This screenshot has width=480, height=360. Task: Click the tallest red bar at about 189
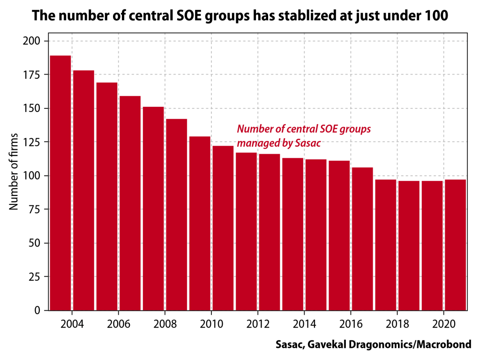click(x=60, y=183)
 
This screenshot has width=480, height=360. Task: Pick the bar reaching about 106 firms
click(x=362, y=239)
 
